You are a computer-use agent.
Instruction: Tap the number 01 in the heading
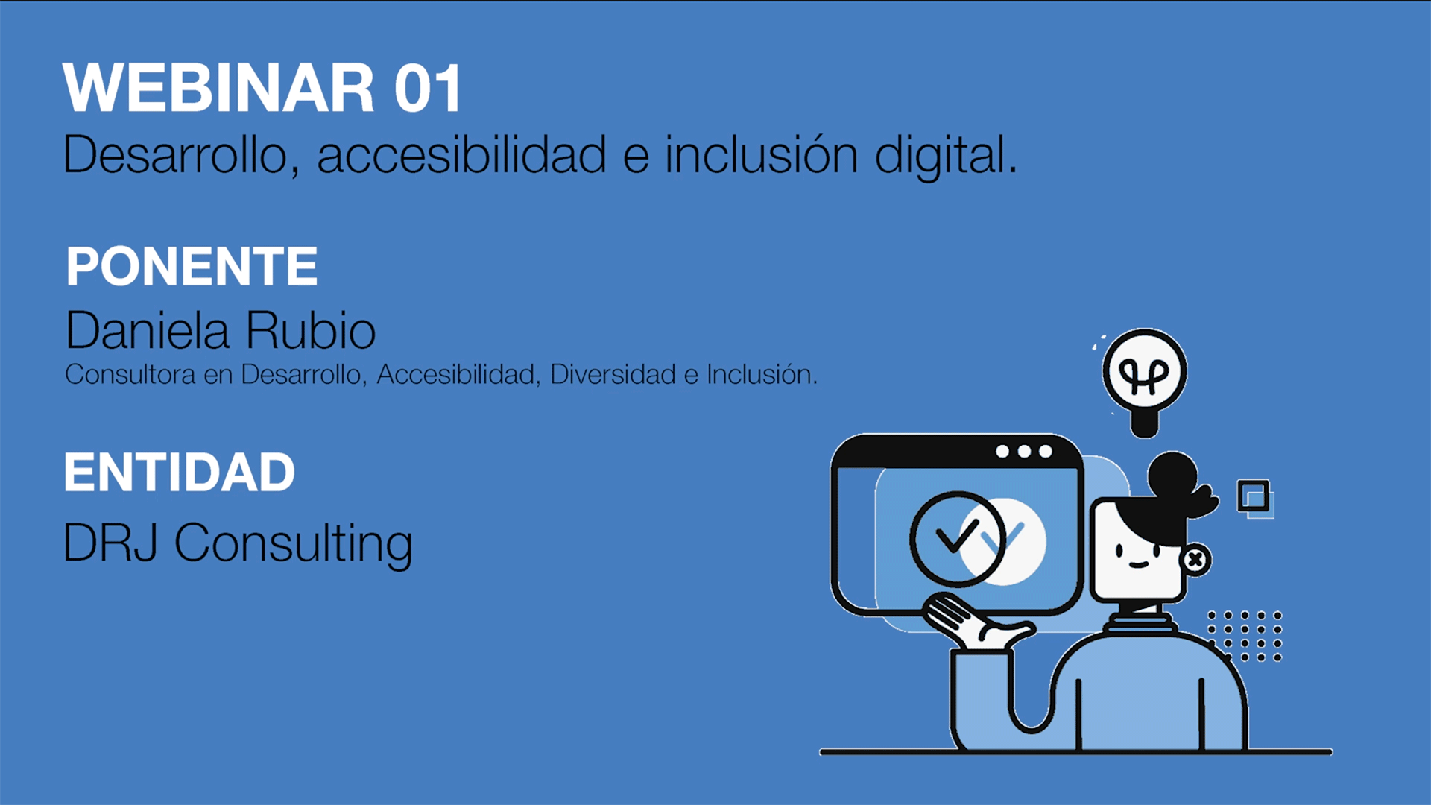pyautogui.click(x=428, y=89)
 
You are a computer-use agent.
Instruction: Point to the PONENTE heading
pyautogui.click(x=192, y=266)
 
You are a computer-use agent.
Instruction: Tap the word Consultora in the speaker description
pyautogui.click(x=130, y=374)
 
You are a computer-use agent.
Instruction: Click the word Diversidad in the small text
pyautogui.click(x=613, y=374)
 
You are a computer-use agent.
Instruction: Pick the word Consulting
pyautogui.click(x=293, y=543)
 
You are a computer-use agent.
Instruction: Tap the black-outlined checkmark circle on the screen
pyautogui.click(x=956, y=538)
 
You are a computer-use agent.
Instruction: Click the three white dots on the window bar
pyautogui.click(x=1024, y=452)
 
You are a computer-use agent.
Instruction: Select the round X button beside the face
pyautogui.click(x=1195, y=560)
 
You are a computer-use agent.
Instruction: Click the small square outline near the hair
pyautogui.click(x=1254, y=496)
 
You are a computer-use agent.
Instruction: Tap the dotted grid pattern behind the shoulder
pyautogui.click(x=1245, y=636)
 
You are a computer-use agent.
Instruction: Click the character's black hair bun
pyautogui.click(x=1172, y=474)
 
